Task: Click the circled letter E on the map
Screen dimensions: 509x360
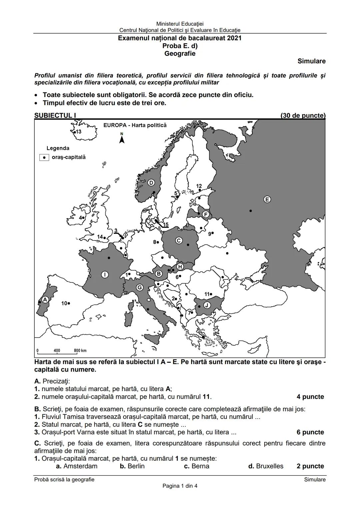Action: pyautogui.click(x=267, y=199)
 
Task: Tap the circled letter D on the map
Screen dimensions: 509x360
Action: pyautogui.click(x=151, y=183)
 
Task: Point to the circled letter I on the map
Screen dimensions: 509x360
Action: pyautogui.click(x=105, y=274)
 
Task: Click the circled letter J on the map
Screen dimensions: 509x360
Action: pyautogui.click(x=206, y=305)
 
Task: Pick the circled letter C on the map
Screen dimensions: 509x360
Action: pyautogui.click(x=179, y=240)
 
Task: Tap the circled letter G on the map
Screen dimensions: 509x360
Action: pyautogui.click(x=140, y=287)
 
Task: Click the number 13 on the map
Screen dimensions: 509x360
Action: pyautogui.click(x=78, y=132)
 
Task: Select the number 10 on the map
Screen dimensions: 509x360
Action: pyautogui.click(x=65, y=303)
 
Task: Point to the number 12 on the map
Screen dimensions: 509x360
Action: pyautogui.click(x=199, y=186)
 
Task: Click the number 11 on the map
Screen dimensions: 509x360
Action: pyautogui.click(x=207, y=294)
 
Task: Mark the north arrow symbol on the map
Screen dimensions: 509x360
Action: pyautogui.click(x=122, y=138)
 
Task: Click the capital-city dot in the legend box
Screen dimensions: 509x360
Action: pyautogui.click(x=44, y=157)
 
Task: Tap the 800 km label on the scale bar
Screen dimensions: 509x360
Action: pyautogui.click(x=80, y=351)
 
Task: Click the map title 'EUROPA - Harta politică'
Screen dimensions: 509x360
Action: pyautogui.click(x=135, y=125)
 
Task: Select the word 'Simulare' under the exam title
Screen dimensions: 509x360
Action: pyautogui.click(x=311, y=61)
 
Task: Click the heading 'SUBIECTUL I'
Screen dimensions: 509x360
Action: pyautogui.click(x=55, y=115)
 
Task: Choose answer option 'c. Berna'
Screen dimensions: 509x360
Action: pyautogui.click(x=196, y=466)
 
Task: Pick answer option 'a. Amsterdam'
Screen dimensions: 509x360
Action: pyautogui.click(x=77, y=466)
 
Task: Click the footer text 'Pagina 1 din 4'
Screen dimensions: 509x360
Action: pyautogui.click(x=180, y=486)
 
